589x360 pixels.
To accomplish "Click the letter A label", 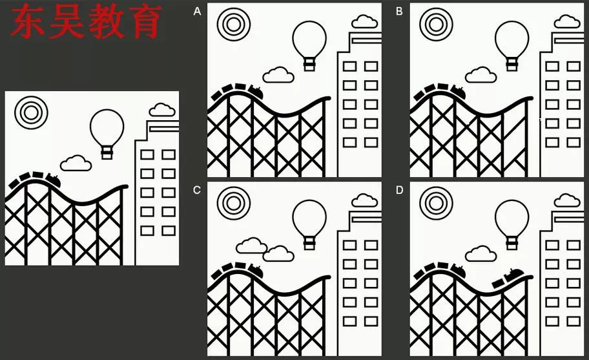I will (x=197, y=12).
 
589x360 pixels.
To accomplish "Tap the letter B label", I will (x=399, y=12).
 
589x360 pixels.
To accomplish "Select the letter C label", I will (x=197, y=190).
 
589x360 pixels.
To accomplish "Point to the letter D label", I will (x=399, y=190).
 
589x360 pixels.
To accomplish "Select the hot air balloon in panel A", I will (x=309, y=40).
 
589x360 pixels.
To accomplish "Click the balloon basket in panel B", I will (x=512, y=63).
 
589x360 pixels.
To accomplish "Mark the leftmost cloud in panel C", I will (x=251, y=246).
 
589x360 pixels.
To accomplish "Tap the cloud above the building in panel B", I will (x=567, y=22).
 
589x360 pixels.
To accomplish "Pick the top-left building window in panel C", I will (x=349, y=245).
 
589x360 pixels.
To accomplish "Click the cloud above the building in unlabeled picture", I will (x=162, y=110).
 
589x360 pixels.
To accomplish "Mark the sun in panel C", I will (x=233, y=202).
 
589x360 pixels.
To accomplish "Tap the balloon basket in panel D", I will (x=512, y=242).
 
